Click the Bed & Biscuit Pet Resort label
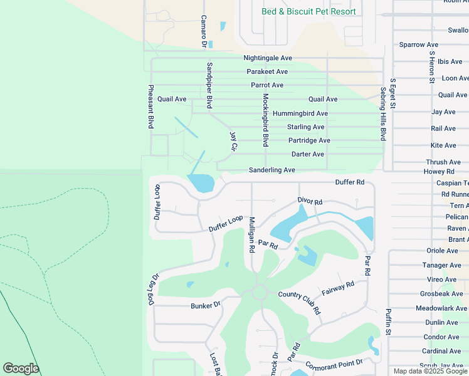308,12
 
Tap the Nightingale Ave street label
268,58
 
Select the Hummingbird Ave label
300,113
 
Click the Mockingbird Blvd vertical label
265,120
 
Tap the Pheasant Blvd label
150,107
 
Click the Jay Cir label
233,141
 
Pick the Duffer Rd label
350,182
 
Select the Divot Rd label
309,202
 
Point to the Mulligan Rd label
251,234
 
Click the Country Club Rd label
299,303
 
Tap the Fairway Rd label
338,289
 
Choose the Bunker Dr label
206,305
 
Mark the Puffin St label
388,320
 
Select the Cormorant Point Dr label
334,365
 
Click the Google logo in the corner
21,368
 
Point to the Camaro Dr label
203,31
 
